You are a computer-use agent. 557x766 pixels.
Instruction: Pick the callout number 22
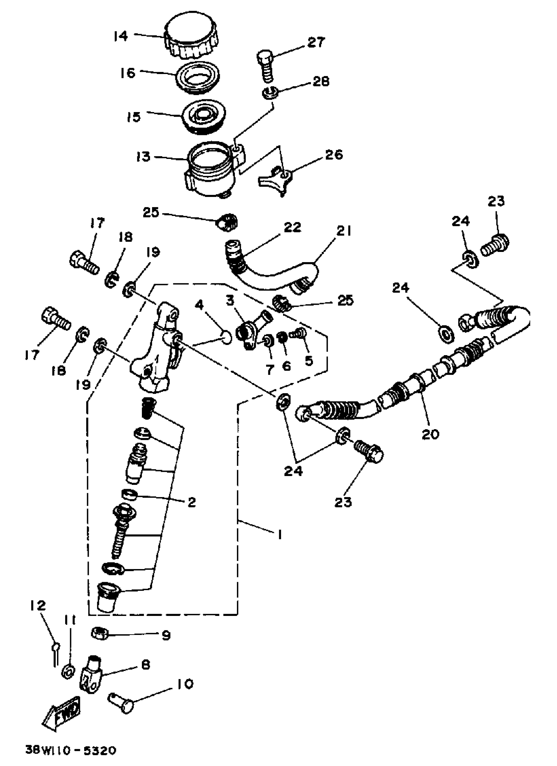292,227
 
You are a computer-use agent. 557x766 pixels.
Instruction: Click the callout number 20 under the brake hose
430,434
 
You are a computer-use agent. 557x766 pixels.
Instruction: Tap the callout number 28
320,81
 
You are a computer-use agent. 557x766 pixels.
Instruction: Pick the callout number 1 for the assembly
280,535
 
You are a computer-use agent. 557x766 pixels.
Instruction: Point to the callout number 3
230,300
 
